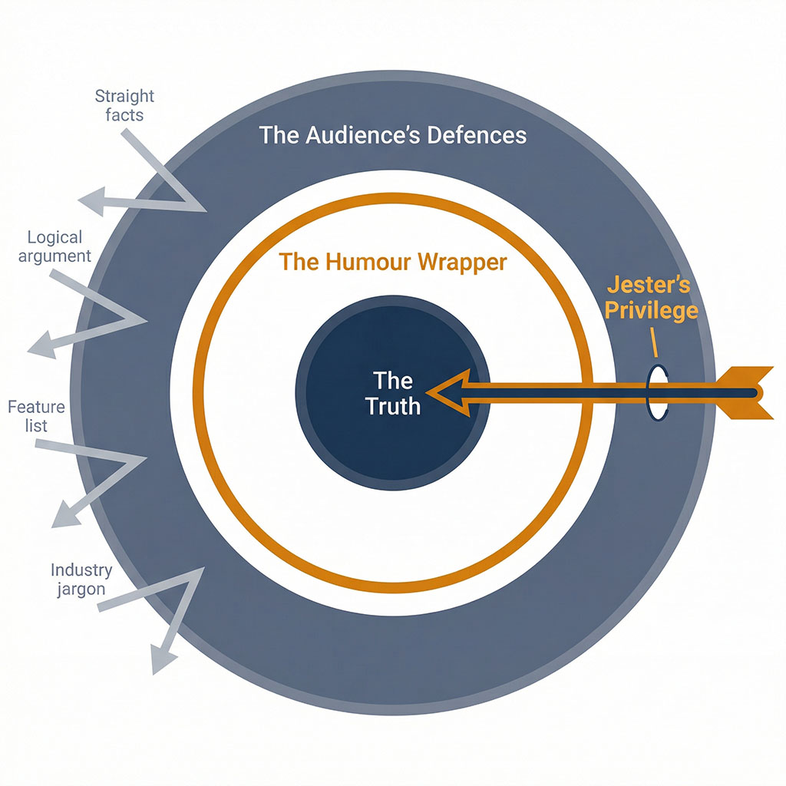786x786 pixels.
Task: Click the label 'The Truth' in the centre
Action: tap(393, 392)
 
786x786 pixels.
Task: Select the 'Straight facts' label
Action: tap(124, 106)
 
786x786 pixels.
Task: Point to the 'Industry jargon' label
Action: tap(81, 580)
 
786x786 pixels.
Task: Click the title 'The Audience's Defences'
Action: tap(393, 136)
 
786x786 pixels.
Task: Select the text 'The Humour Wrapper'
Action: tap(393, 262)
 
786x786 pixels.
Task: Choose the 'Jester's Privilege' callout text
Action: tap(652, 298)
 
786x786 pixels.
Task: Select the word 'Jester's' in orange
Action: tap(649, 285)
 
